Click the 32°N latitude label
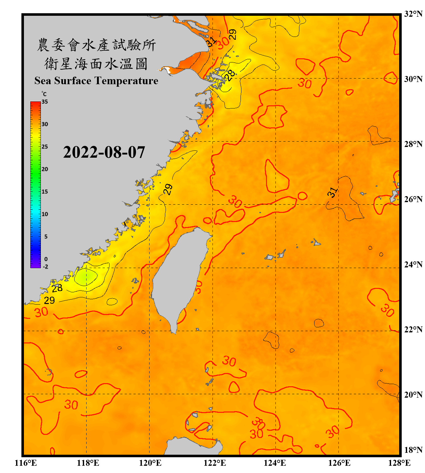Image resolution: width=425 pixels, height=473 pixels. [413, 14]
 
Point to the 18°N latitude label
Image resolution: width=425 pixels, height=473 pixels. [413, 450]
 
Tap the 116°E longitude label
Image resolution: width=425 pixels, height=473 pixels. [25, 463]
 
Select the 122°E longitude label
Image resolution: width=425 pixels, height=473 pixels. [215, 463]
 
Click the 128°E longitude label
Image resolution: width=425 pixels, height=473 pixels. [399, 463]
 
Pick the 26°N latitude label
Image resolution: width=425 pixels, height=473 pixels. [413, 199]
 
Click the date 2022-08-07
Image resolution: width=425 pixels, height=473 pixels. [104, 152]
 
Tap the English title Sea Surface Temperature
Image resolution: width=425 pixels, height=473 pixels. [96, 81]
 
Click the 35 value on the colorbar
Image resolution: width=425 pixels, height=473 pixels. [45, 102]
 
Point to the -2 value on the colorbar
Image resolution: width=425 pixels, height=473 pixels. [45, 267]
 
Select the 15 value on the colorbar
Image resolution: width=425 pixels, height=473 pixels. [45, 192]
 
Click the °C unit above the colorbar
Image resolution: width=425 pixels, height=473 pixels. [44, 94]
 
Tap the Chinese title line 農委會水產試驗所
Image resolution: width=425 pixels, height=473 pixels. [96, 45]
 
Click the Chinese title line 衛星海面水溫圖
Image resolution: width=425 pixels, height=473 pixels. [96, 64]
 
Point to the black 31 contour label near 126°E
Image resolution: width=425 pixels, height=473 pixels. [332, 192]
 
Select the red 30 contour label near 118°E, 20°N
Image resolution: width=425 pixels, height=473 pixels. [71, 405]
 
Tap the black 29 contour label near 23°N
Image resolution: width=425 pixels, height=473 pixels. [49, 300]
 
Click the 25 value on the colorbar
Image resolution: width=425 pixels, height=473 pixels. [45, 147]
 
